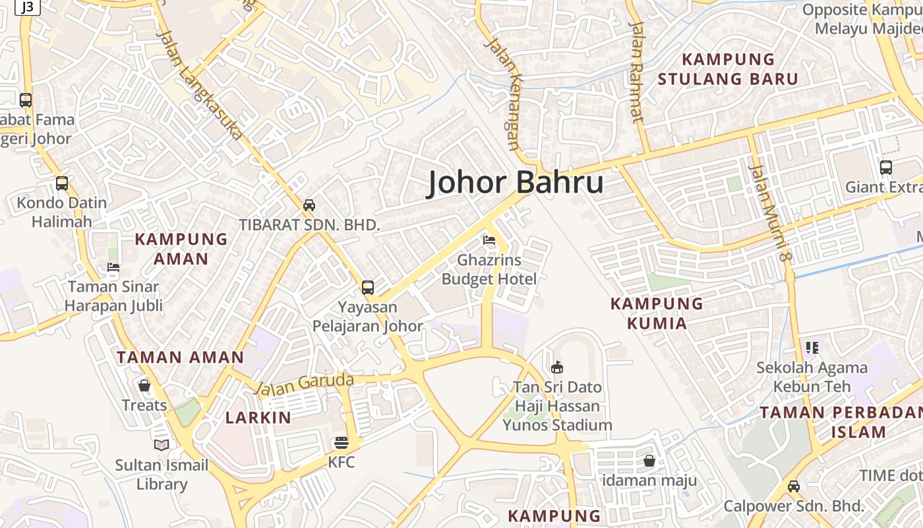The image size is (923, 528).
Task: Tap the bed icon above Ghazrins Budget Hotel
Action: click(489, 240)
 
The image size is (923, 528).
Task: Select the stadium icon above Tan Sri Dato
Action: click(557, 367)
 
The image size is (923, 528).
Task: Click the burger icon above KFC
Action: click(341, 442)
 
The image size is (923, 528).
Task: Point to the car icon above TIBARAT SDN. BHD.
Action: click(309, 205)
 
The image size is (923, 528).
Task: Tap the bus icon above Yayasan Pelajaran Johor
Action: click(368, 288)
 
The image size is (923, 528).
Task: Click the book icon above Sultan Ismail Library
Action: click(162, 445)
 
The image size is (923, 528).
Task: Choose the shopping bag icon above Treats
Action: click(144, 385)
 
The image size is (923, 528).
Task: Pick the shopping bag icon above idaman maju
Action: click(649, 460)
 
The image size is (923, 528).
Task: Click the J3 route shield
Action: click(28, 7)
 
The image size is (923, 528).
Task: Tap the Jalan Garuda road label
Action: click(305, 383)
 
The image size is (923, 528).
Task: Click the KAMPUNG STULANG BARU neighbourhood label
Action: click(728, 69)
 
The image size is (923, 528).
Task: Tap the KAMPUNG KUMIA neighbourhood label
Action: click(657, 313)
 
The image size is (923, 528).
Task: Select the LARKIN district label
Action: click(258, 417)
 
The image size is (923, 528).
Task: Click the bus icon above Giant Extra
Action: click(886, 168)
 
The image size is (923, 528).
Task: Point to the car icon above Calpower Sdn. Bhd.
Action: click(794, 486)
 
